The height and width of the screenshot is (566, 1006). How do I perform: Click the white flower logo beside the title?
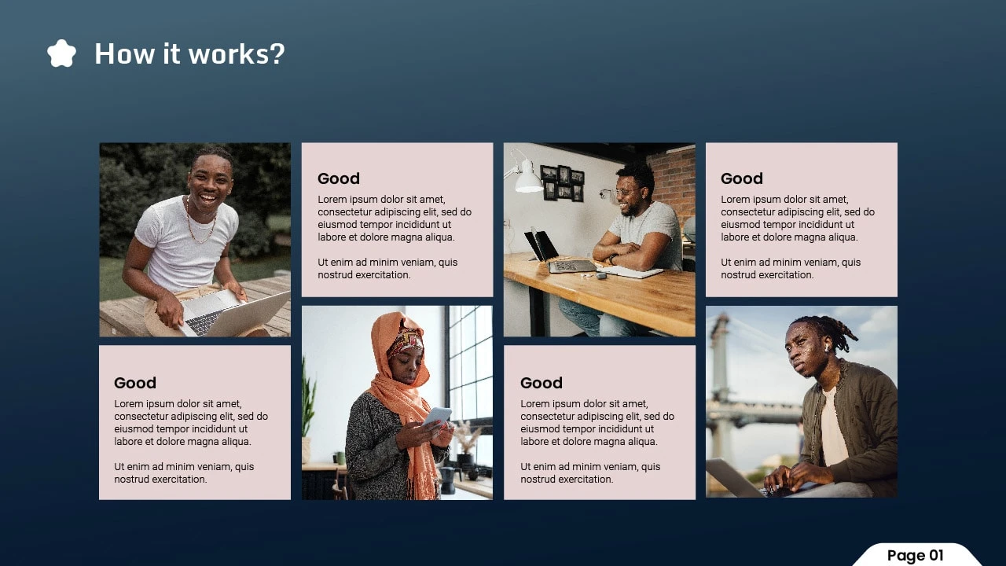click(x=61, y=53)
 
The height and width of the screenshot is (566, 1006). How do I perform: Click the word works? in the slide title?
click(x=237, y=54)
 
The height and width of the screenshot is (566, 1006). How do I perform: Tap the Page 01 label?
click(x=916, y=555)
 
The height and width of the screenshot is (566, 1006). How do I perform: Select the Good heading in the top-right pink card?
click(x=741, y=178)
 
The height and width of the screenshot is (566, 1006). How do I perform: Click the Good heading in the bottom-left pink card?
click(x=134, y=383)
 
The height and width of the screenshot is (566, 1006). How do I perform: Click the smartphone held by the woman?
click(x=437, y=417)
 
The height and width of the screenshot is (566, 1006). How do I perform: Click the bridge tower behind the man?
click(x=720, y=386)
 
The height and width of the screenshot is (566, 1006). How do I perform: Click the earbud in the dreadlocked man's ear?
click(x=826, y=348)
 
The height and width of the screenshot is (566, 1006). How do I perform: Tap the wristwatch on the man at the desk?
click(x=611, y=259)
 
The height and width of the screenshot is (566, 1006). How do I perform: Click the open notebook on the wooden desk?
click(x=631, y=270)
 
